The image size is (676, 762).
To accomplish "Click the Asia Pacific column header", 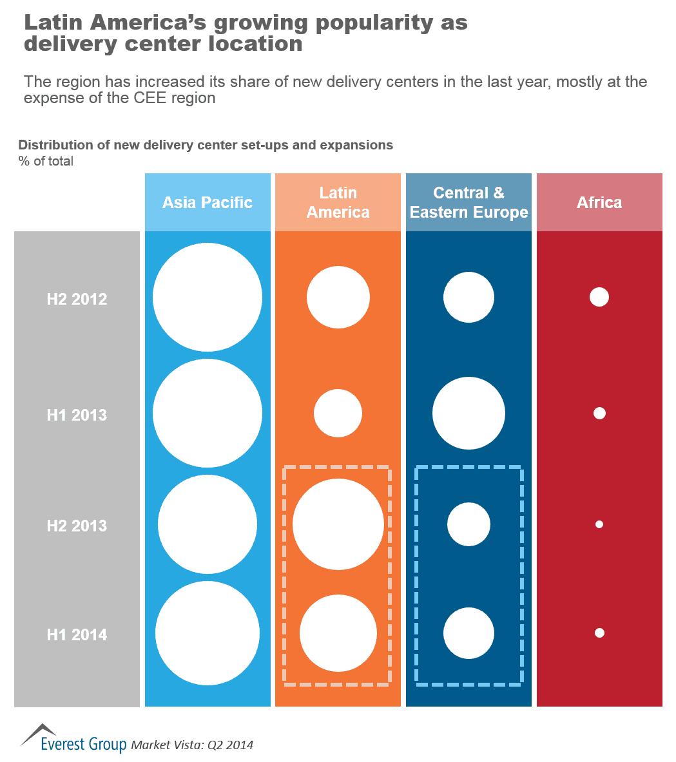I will (x=208, y=202).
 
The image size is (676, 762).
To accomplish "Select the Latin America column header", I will (x=338, y=202).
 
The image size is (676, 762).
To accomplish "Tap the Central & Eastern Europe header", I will (x=468, y=202).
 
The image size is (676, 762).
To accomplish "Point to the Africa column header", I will (x=599, y=202).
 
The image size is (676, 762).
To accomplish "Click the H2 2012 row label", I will (x=77, y=300).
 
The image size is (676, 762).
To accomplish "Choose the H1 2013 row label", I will (x=77, y=415).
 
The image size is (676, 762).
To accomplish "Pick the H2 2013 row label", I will (x=77, y=526).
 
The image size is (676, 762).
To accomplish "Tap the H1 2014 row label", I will (x=77, y=634).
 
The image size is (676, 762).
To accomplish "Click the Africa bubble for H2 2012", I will (x=599, y=297).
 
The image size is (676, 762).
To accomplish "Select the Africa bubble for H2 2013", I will (x=599, y=524).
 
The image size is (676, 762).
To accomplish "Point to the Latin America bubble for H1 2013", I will (x=338, y=414).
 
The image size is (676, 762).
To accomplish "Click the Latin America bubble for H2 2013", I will (x=338, y=524).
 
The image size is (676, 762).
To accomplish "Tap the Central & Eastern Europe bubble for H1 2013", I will (x=468, y=414).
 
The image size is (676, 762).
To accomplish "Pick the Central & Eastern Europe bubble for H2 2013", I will (x=468, y=524).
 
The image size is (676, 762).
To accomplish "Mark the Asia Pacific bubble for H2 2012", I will (x=208, y=297).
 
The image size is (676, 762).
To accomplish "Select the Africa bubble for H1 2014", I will (x=599, y=633).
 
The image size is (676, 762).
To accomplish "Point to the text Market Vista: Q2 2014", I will (x=192, y=745).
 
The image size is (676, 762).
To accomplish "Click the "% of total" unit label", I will (x=46, y=161).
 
